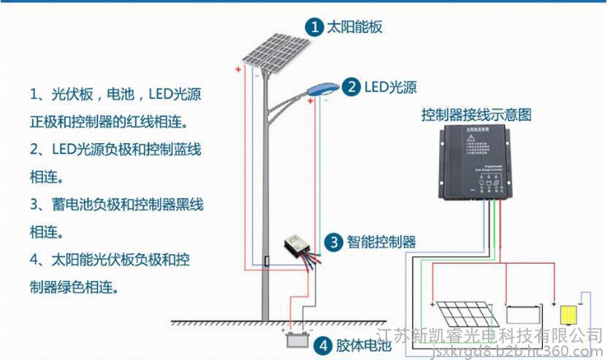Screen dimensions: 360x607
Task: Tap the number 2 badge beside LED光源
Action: pyautogui.click(x=352, y=87)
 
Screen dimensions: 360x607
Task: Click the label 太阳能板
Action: pyautogui.click(x=354, y=28)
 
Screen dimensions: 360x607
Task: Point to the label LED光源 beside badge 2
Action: pyautogui.click(x=391, y=88)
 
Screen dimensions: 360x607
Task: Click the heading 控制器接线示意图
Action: pyautogui.click(x=476, y=115)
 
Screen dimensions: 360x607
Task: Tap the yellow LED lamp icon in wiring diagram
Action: pyautogui.click(x=568, y=315)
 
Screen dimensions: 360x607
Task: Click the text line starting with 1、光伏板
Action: pyautogui.click(x=115, y=95)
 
